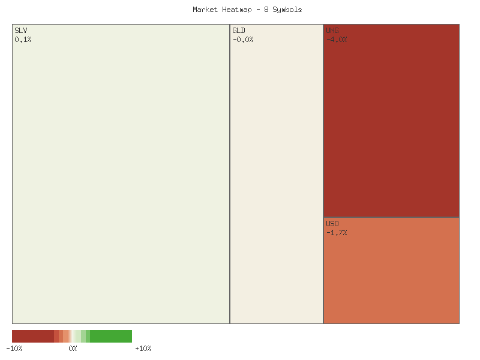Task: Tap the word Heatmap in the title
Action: [236, 10]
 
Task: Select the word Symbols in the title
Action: [287, 10]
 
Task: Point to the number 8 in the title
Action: [266, 10]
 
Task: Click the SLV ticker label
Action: [21, 31]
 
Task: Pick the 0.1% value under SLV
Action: [23, 40]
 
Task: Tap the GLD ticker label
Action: [239, 31]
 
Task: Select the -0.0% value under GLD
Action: [243, 40]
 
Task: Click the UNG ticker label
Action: [332, 31]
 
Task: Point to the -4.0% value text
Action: [337, 40]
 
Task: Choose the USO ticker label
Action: [332, 224]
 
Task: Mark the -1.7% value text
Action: [337, 233]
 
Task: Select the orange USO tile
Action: [391, 276]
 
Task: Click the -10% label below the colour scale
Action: [14, 349]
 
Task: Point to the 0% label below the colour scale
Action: [73, 349]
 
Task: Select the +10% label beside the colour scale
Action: [143, 349]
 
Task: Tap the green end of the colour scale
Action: [114, 336]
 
